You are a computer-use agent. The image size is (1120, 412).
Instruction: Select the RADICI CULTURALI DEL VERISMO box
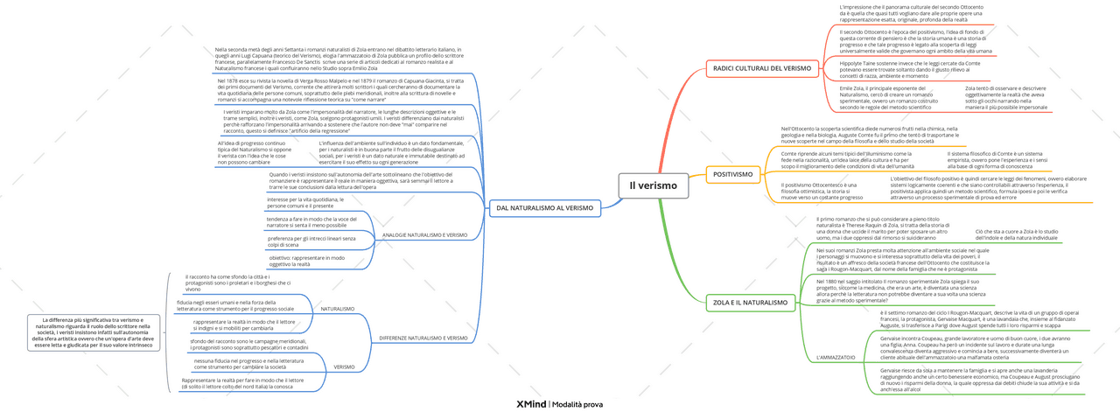[761, 67]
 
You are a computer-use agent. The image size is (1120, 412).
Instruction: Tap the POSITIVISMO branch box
[732, 174]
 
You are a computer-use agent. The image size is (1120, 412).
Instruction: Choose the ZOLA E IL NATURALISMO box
[750, 303]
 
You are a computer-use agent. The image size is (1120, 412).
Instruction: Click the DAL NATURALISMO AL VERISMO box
[544, 208]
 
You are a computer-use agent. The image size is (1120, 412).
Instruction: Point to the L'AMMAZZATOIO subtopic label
[836, 358]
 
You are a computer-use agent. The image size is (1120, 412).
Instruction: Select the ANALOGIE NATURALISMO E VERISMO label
[425, 235]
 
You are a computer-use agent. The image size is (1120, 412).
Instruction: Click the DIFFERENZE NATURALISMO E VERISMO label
[423, 338]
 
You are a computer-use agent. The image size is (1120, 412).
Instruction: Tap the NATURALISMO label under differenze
[338, 309]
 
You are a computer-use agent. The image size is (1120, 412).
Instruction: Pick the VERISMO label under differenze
[344, 367]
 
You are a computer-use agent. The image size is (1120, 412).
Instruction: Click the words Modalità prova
[578, 404]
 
